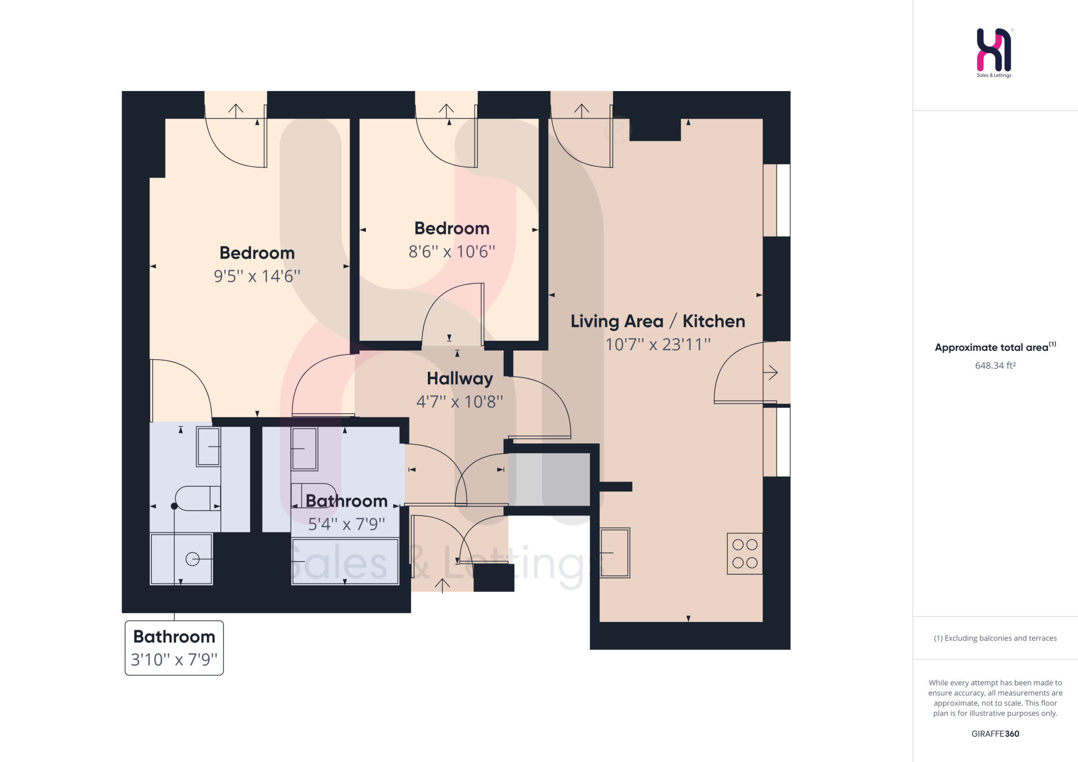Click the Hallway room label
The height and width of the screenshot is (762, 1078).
(x=460, y=379)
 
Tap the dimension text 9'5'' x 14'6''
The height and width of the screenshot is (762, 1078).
(x=257, y=276)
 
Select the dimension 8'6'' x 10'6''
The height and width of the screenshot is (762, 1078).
(x=452, y=252)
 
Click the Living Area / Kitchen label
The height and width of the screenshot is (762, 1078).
(x=657, y=321)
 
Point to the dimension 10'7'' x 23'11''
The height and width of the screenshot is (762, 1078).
(x=657, y=344)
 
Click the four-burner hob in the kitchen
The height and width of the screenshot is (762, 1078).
(x=744, y=553)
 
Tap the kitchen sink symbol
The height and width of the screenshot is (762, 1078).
(x=615, y=552)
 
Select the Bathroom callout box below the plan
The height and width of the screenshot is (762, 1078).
(x=174, y=648)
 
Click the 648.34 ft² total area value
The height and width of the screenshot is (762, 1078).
(x=995, y=365)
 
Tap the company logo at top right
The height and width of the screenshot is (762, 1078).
(x=994, y=52)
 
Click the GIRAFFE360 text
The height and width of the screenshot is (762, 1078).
(x=995, y=734)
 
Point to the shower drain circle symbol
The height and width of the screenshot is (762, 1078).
(x=193, y=559)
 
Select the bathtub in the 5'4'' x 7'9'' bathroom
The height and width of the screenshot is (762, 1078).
(x=345, y=561)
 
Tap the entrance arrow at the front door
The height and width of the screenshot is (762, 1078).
(x=442, y=585)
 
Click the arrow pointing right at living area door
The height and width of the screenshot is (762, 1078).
(x=771, y=373)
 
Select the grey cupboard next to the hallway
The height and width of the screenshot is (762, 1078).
(x=549, y=479)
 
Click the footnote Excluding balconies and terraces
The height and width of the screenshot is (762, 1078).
(x=995, y=638)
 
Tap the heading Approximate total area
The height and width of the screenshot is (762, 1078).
(x=992, y=348)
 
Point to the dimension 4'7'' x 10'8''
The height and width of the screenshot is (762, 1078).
(x=460, y=402)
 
